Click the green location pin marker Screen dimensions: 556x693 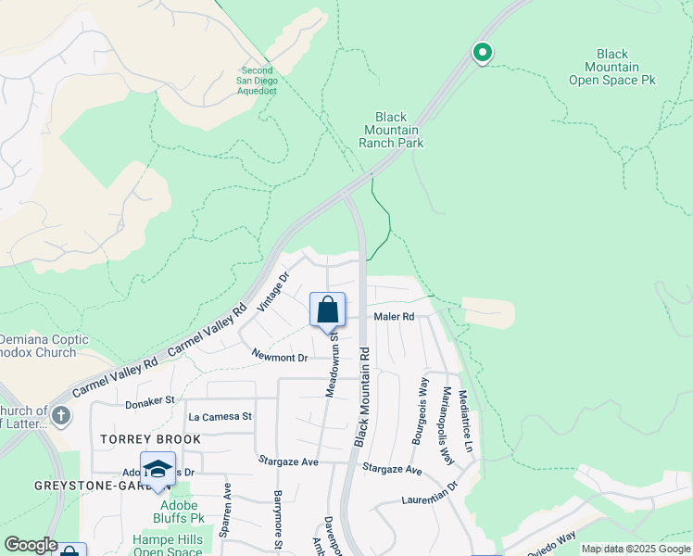click(x=482, y=53)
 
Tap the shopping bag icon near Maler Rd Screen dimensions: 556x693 click(x=328, y=310)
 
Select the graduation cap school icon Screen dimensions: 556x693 click(x=157, y=468)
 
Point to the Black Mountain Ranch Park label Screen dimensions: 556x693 click(x=391, y=130)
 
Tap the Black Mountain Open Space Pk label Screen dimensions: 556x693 click(x=611, y=68)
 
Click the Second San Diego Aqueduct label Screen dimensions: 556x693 click(x=258, y=81)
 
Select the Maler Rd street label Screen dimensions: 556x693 click(x=394, y=317)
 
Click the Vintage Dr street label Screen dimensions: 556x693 click(x=274, y=291)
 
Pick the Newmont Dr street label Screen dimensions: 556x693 click(x=279, y=357)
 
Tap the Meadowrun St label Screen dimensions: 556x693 click(x=330, y=362)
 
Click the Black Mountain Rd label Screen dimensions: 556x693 click(x=362, y=398)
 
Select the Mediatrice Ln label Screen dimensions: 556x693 click(x=468, y=420)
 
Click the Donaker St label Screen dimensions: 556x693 click(x=150, y=401)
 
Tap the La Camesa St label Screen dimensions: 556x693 click(x=220, y=417)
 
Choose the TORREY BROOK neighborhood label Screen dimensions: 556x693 click(x=145, y=439)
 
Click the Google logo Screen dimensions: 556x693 click(x=30, y=545)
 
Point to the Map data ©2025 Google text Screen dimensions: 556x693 click(x=636, y=549)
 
